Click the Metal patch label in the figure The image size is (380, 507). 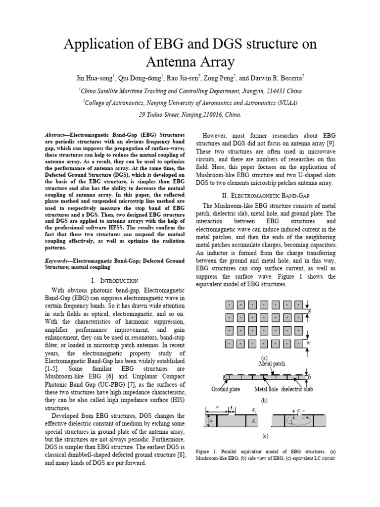click(x=273, y=363)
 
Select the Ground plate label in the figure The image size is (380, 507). click(x=226, y=389)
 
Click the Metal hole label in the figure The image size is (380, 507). click(x=266, y=389)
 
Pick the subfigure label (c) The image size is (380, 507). click(x=265, y=436)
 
